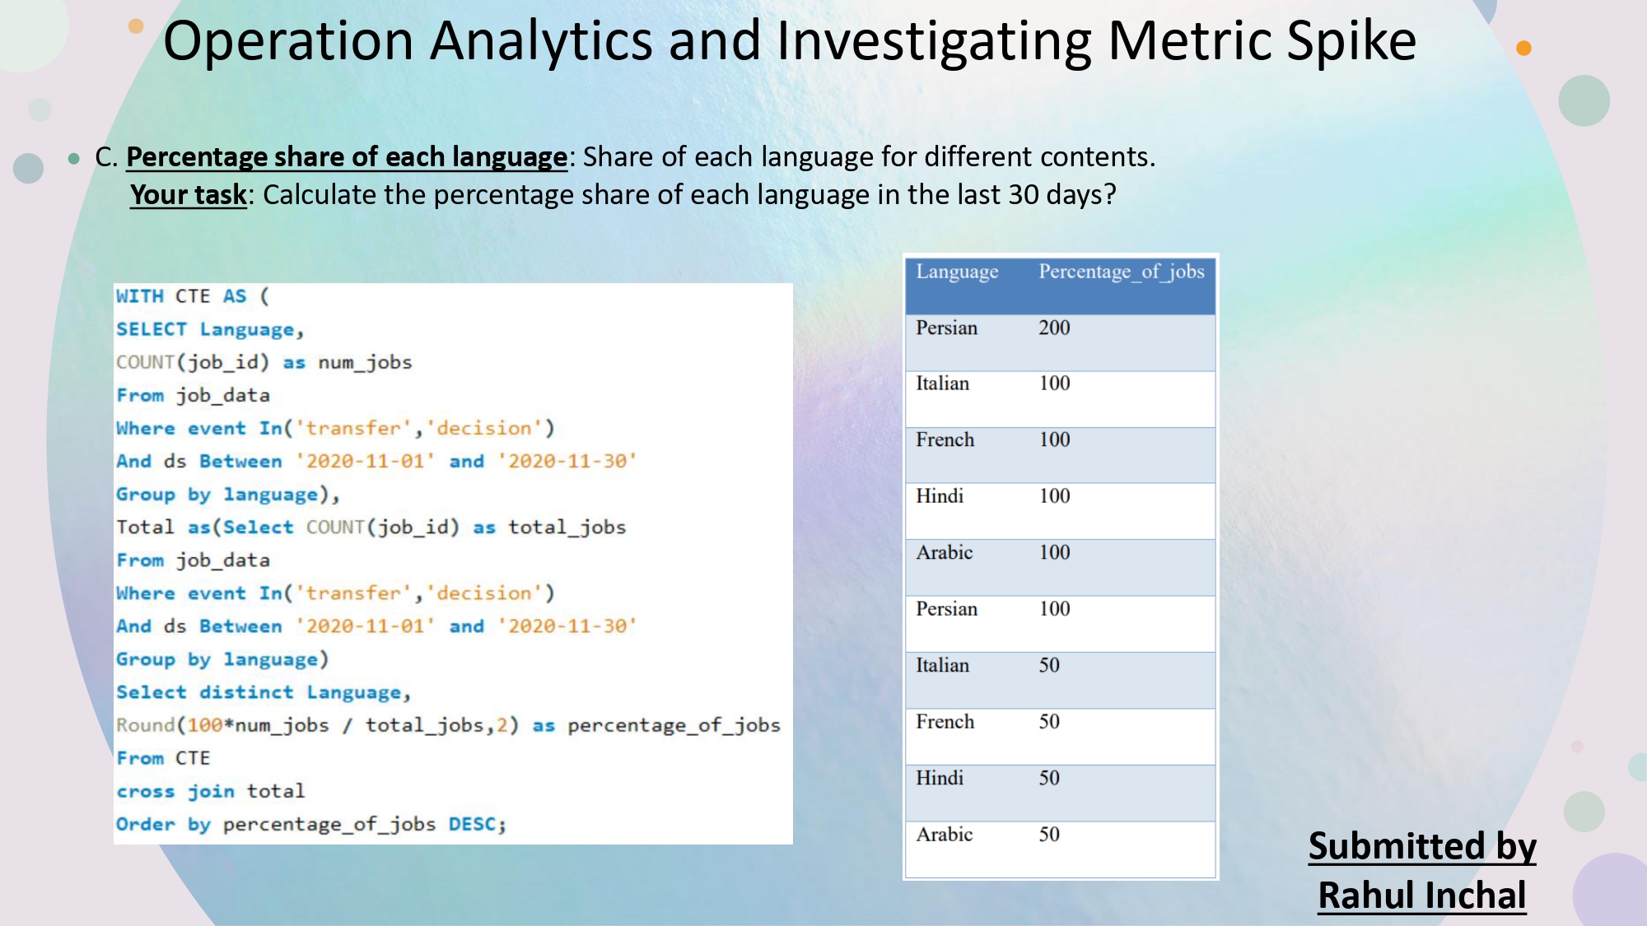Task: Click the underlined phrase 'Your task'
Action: [x=189, y=195]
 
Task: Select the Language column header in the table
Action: [x=957, y=272]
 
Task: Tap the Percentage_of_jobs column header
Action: [x=1121, y=272]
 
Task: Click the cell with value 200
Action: [x=1054, y=328]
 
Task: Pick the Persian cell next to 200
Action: [x=947, y=328]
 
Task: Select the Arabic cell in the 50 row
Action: [x=945, y=835]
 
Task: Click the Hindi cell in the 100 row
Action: [x=940, y=496]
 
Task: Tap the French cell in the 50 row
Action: [x=945, y=722]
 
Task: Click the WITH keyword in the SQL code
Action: [x=139, y=296]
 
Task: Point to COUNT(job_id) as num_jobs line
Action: [x=264, y=362]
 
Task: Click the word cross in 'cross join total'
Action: [x=145, y=791]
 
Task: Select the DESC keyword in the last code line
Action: [x=473, y=824]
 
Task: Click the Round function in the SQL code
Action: [x=145, y=725]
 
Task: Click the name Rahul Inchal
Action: [x=1422, y=896]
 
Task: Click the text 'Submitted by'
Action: [x=1422, y=846]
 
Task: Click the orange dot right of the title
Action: [x=1523, y=49]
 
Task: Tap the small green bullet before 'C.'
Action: [x=74, y=158]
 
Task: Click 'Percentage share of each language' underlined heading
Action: [x=347, y=157]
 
